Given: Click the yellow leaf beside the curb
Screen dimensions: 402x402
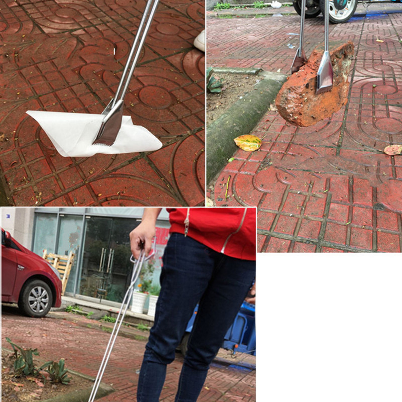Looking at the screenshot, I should [x=248, y=142].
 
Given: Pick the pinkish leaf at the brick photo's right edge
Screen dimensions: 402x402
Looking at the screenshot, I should [x=393, y=149].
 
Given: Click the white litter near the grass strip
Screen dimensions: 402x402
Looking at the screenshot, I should [x=276, y=5].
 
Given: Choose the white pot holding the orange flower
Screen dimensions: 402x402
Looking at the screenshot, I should [x=138, y=302].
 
